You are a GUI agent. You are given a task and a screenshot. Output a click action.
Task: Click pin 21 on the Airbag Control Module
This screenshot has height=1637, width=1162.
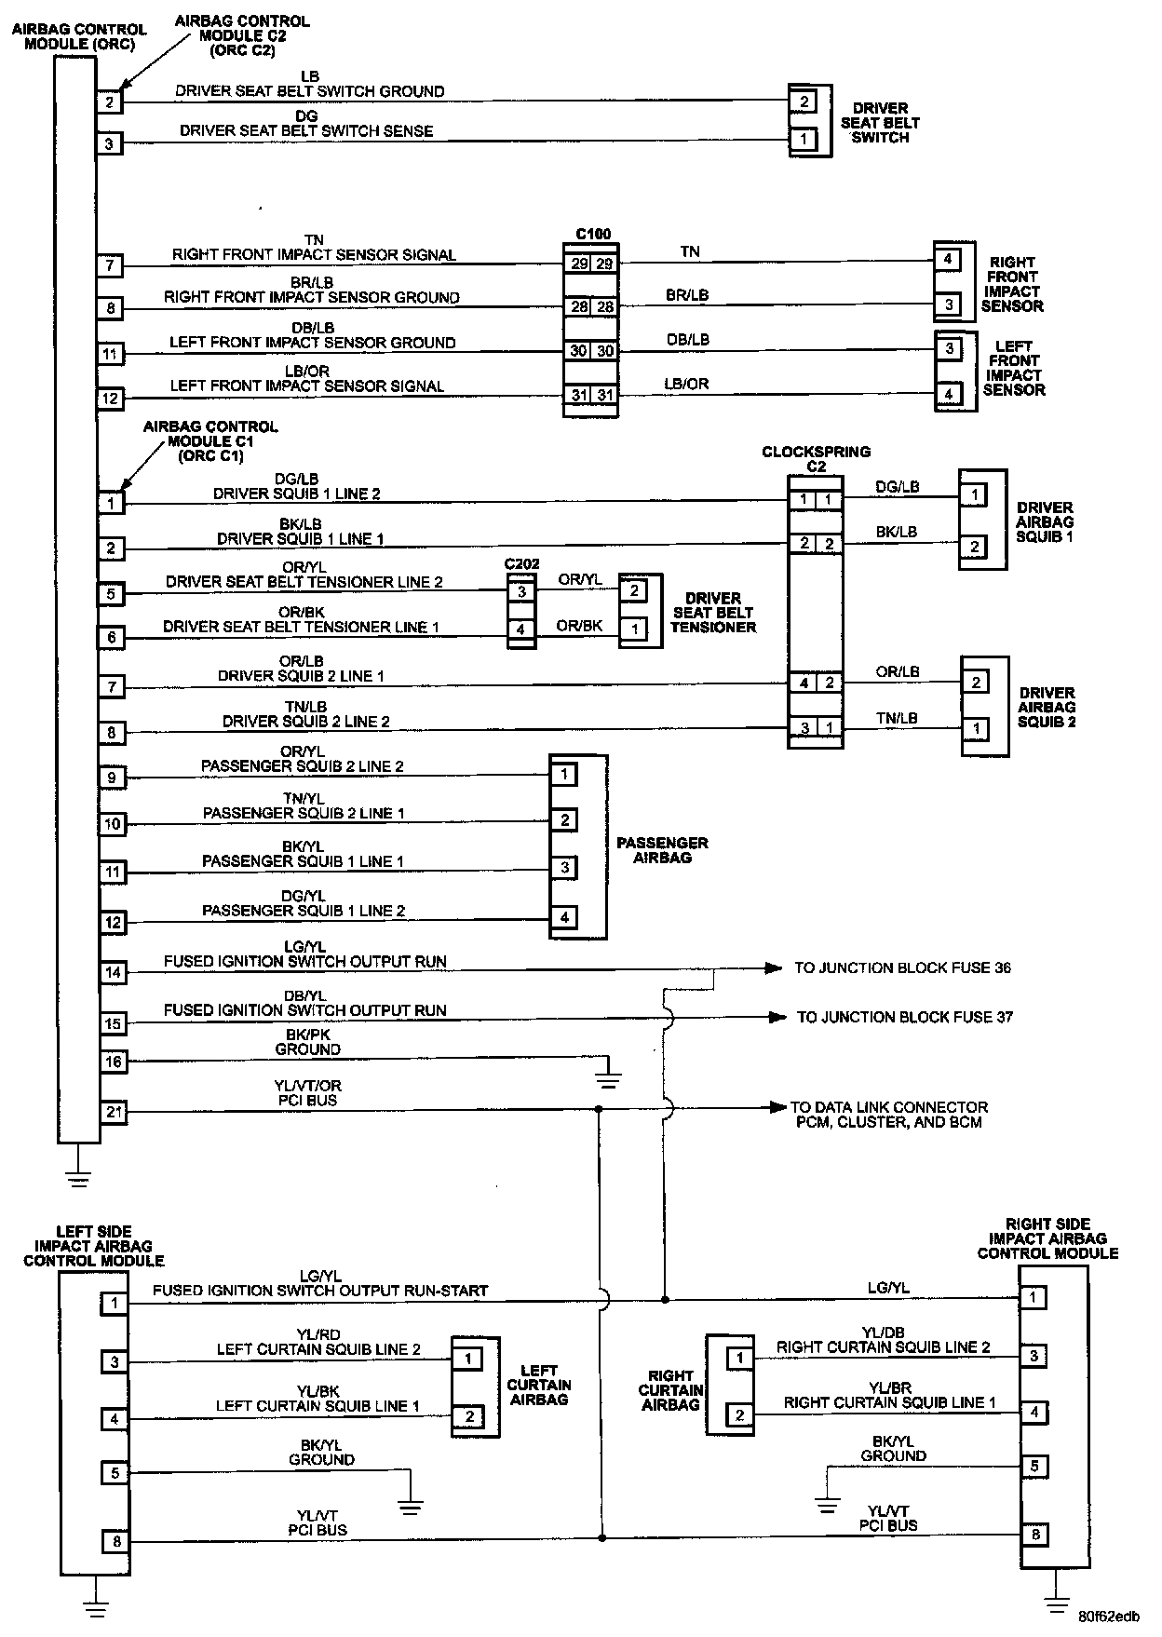coord(113,1111)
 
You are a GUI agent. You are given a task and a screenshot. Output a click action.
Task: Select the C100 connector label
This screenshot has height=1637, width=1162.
coord(593,234)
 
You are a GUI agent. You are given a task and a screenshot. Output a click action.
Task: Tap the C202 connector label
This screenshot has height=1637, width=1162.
coord(521,564)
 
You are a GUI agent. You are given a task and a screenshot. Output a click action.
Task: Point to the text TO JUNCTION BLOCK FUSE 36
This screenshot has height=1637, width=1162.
coord(901,968)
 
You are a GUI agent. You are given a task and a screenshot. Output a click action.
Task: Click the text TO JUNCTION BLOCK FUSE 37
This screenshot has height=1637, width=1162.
coord(904,1018)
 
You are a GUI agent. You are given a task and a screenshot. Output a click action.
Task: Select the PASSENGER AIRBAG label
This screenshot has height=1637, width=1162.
coord(662,850)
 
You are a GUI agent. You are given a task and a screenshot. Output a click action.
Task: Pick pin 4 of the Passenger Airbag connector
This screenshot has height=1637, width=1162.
coord(564,917)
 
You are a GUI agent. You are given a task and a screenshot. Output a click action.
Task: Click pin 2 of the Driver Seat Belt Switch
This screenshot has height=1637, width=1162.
coord(803,101)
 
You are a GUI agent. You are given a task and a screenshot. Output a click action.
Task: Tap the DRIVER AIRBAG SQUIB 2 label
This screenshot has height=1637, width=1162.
coord(1047,707)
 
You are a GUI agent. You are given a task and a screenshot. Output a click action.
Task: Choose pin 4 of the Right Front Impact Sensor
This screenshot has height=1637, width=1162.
coord(947,259)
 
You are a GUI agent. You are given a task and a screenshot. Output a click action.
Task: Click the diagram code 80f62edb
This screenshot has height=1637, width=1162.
coord(1109,1617)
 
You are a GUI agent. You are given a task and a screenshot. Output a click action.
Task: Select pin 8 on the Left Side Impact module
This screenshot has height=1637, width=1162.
coord(116,1542)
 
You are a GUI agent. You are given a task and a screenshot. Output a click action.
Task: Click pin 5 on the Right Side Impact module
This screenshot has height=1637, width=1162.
coord(1034,1467)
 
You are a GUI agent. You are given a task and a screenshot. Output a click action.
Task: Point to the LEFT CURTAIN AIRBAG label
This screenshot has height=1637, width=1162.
coord(538,1385)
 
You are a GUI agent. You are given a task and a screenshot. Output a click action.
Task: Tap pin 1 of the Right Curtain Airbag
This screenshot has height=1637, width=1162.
coord(739,1359)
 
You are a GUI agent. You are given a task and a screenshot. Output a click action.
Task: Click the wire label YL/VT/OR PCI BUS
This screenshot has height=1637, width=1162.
coord(307,1092)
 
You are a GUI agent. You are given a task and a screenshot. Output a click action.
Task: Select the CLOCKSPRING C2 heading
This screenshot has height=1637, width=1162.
coord(816,458)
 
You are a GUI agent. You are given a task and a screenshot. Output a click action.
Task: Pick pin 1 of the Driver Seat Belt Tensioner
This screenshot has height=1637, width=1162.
coord(634,629)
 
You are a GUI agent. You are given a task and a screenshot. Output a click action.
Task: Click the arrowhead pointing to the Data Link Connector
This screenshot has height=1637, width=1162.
coord(776,1108)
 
